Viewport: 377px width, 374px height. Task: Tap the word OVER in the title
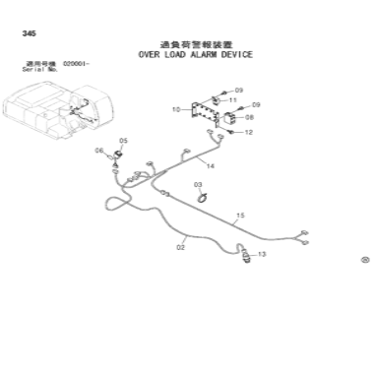pyautogui.click(x=150, y=55)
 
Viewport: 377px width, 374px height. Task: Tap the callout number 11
pyautogui.click(x=232, y=99)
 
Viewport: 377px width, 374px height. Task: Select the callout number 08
pyautogui.click(x=249, y=117)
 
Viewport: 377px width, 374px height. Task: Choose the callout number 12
pyautogui.click(x=249, y=132)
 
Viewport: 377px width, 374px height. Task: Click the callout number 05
pyautogui.click(x=123, y=141)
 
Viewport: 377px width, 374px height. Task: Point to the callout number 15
pyautogui.click(x=239, y=216)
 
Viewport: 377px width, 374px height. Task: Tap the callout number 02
pyautogui.click(x=181, y=247)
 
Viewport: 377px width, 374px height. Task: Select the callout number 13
pyautogui.click(x=262, y=255)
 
